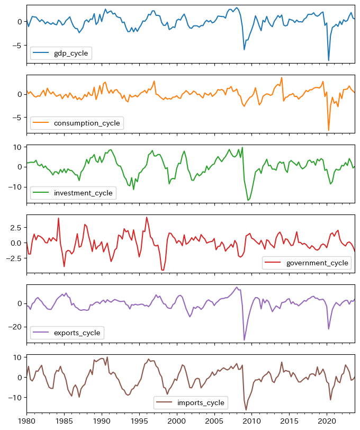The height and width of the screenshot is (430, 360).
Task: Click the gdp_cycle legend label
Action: [x=71, y=53]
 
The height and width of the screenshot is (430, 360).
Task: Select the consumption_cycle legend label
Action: [x=87, y=123]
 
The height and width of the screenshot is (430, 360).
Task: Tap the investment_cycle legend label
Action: [x=83, y=193]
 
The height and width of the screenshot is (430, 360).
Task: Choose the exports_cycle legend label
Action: [x=77, y=333]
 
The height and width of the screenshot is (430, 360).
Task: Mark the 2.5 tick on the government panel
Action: [x=15, y=227]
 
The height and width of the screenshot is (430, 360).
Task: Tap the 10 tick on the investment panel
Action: [x=16, y=147]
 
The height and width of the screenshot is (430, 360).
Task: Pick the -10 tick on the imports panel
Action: [x=14, y=397]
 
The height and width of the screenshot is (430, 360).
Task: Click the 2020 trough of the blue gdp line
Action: [x=329, y=60]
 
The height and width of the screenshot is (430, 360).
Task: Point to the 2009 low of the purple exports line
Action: [x=244, y=340]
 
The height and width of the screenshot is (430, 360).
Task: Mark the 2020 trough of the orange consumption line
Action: [x=329, y=130]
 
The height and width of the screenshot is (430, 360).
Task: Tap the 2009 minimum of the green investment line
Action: [x=248, y=200]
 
